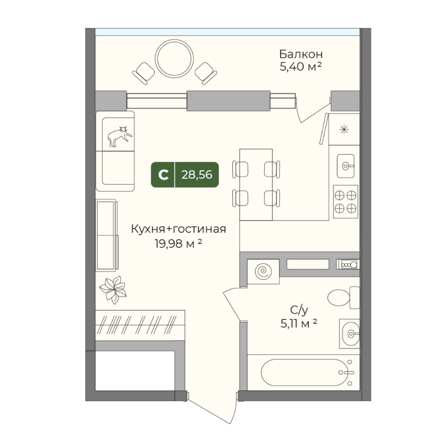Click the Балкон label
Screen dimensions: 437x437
[x=301, y=55]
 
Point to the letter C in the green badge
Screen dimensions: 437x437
[x=163, y=175]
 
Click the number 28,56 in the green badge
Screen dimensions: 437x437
[x=197, y=175]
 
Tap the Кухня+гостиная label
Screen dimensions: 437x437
[x=179, y=229]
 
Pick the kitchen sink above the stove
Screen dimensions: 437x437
[x=347, y=166]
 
